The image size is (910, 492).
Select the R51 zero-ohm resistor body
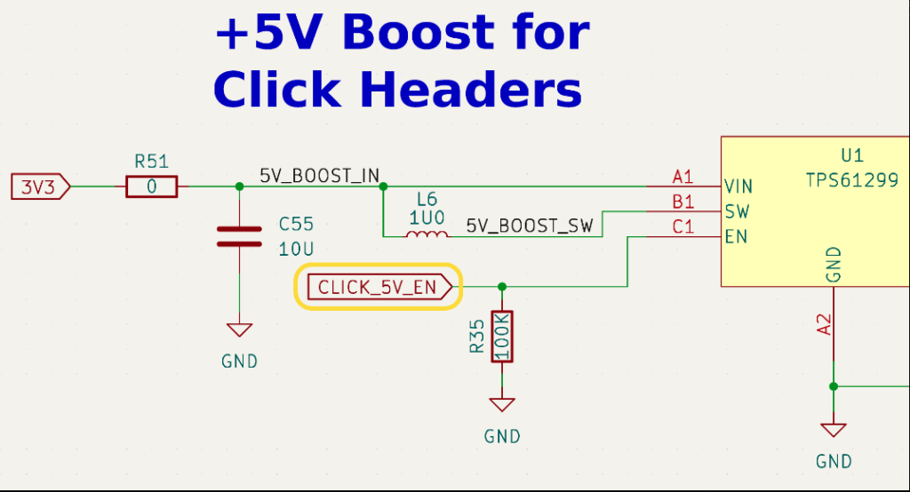pos(151,186)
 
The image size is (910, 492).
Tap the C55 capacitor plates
pos(239,237)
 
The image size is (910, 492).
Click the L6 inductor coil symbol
pos(427,234)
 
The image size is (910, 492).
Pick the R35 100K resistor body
pos(502,337)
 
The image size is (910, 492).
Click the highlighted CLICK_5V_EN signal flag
pos(379,287)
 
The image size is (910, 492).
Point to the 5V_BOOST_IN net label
pos(319,175)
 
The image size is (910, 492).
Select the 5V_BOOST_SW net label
pos(530,226)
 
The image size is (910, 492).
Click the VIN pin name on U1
pos(738,186)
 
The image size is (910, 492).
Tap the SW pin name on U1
pos(737,211)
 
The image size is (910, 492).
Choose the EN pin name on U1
pos(736,237)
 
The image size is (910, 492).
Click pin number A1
pos(683,177)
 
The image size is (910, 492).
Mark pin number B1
pos(683,202)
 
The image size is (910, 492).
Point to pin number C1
pos(683,226)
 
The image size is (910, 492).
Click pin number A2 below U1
pos(824,325)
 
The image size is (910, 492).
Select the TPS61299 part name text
pos(852,180)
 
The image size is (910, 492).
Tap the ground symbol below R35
pos(502,404)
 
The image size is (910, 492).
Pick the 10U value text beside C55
pos(296,249)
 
